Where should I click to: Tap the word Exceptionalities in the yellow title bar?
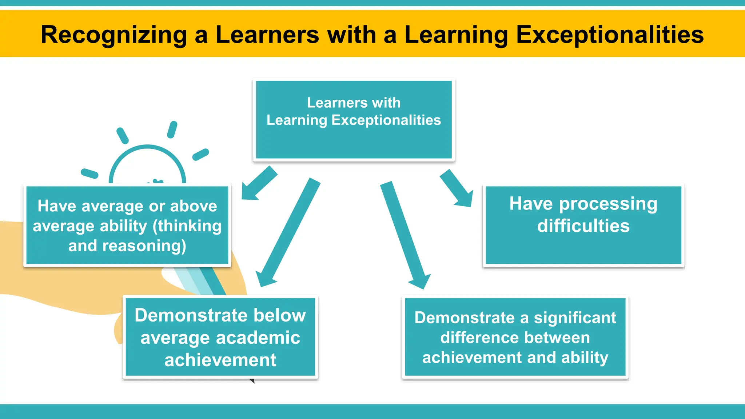(x=610, y=35)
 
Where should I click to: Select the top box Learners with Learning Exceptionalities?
(x=354, y=120)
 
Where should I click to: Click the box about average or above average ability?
(x=127, y=226)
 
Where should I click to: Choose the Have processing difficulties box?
(x=583, y=225)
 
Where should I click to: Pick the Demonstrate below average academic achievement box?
(x=220, y=337)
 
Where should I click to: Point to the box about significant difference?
(x=515, y=337)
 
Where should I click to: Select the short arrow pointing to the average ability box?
(x=259, y=183)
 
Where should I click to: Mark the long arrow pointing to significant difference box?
(x=405, y=235)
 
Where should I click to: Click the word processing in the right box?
(x=608, y=204)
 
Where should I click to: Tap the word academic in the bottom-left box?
(x=258, y=338)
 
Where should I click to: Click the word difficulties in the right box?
(x=583, y=226)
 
